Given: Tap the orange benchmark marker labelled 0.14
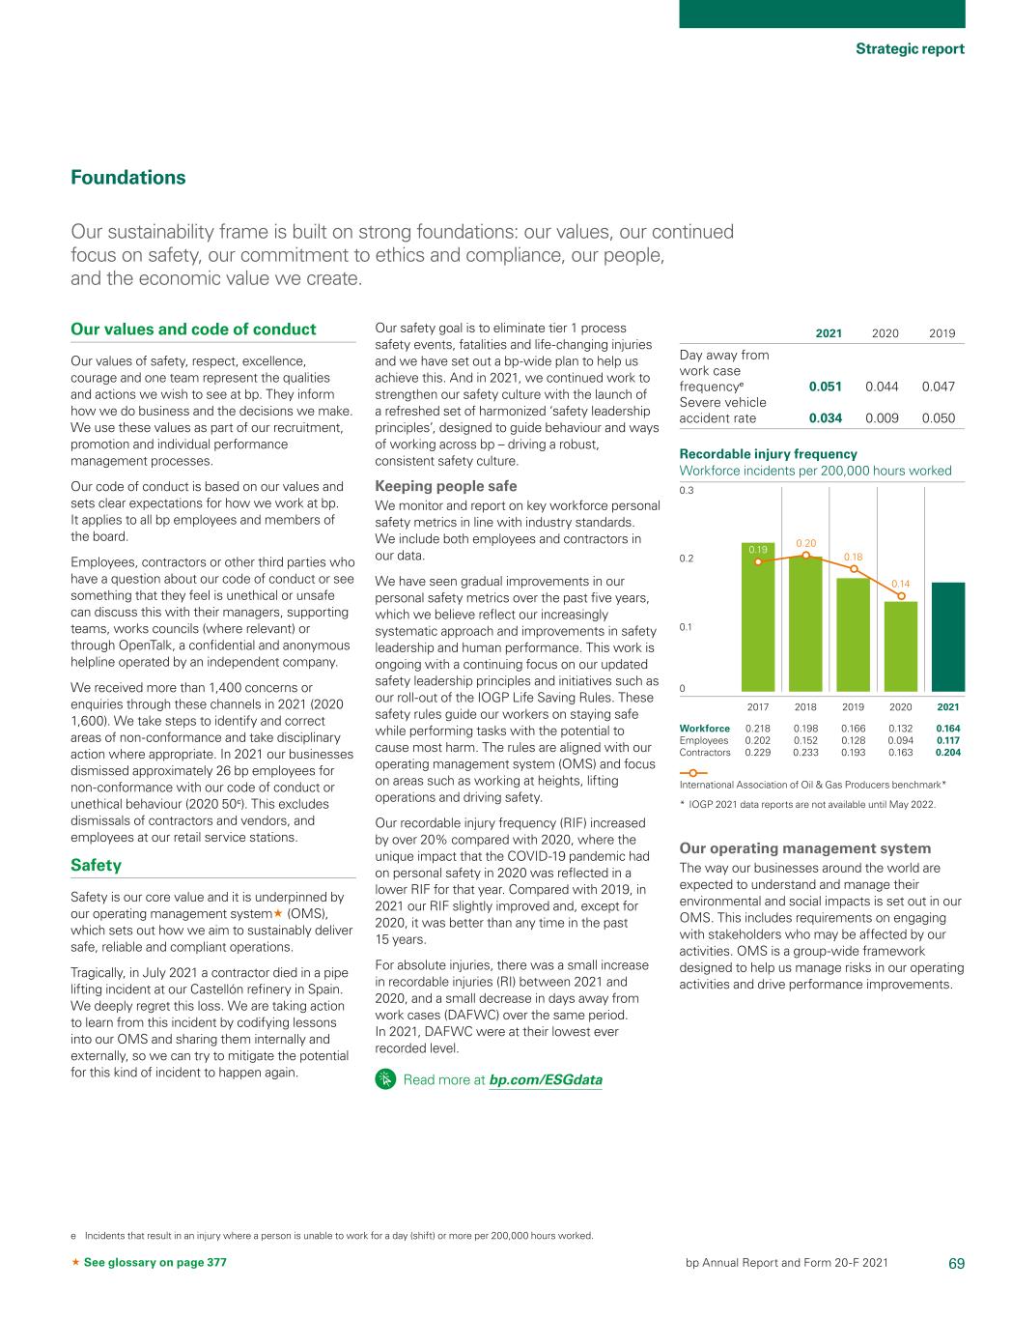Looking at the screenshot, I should point(901,596).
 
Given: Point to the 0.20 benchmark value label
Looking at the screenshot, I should point(805,544).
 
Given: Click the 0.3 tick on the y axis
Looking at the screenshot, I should point(687,491).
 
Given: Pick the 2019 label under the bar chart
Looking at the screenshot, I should point(853,707).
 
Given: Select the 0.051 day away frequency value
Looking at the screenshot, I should point(825,387).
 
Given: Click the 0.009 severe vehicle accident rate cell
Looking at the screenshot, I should point(882,418).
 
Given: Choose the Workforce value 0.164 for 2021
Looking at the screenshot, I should point(947,729).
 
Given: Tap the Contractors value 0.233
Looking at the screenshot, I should point(805,752).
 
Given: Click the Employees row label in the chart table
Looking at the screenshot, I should point(704,740).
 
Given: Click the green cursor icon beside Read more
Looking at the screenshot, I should point(384,1079).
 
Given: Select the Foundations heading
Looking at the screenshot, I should point(128,178).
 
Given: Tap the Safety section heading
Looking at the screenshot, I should point(97,865).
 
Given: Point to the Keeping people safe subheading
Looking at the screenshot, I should point(445,486).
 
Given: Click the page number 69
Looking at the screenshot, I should point(956,1263).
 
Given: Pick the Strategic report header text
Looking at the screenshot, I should point(910,48).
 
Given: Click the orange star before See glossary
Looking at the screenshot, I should point(76,1263).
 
